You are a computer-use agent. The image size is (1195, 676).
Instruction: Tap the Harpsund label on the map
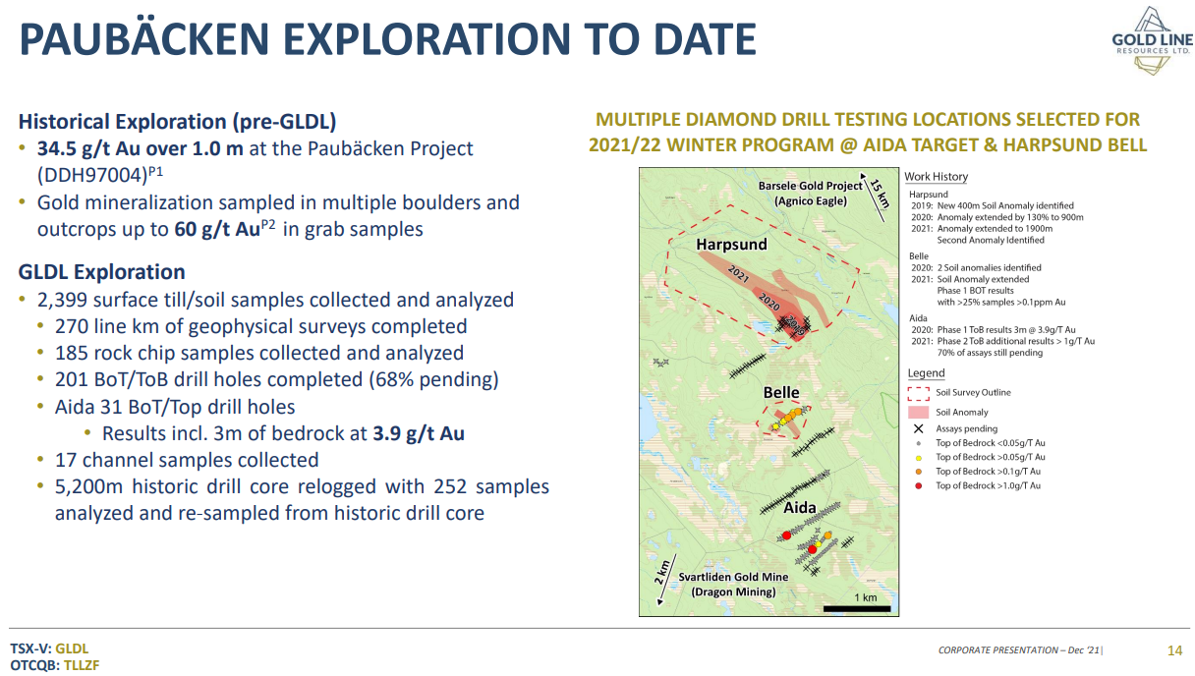tap(731, 245)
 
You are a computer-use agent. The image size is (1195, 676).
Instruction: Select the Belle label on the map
tap(781, 392)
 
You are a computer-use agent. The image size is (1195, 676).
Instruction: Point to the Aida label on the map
tap(800, 507)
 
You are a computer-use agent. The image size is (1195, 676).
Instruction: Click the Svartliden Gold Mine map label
tap(733, 585)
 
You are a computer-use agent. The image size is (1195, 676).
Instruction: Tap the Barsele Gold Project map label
tap(811, 194)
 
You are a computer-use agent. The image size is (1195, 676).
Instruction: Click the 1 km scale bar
tap(857, 608)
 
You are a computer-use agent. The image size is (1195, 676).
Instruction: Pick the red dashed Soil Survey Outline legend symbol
tap(918, 393)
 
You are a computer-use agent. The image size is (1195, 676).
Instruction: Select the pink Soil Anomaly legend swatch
tap(918, 412)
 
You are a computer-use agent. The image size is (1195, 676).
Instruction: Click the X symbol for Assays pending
tap(918, 428)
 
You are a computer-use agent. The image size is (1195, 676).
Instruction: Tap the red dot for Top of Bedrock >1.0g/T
tap(918, 485)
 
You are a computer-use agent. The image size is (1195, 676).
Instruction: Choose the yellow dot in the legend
tap(918, 457)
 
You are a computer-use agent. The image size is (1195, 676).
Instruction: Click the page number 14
tap(1174, 650)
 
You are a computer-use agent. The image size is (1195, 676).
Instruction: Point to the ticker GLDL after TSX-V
tap(72, 648)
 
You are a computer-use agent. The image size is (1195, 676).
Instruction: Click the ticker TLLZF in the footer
tap(82, 665)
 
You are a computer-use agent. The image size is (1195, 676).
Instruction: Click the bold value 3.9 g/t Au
tap(419, 433)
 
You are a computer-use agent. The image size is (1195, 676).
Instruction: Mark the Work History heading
tap(937, 177)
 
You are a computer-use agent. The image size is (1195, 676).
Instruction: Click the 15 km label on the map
tap(880, 194)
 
